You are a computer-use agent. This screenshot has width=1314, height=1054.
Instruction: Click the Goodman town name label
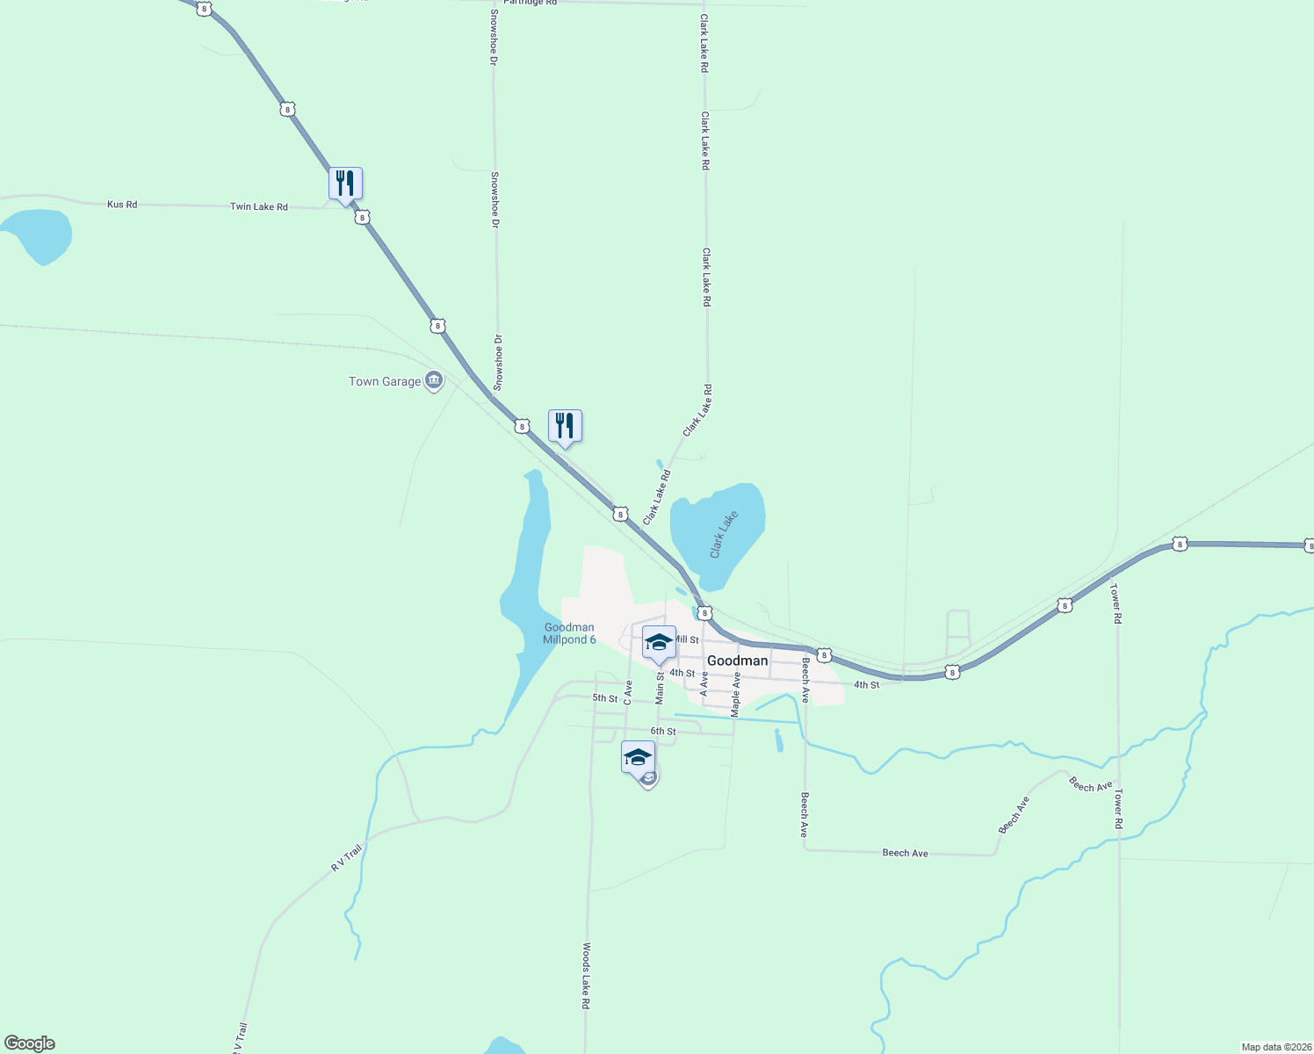click(x=737, y=661)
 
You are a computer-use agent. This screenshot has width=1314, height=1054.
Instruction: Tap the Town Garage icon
click(x=433, y=380)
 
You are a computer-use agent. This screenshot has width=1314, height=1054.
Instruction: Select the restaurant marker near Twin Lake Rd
click(x=345, y=184)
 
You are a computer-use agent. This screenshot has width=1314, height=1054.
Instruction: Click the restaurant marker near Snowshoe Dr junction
click(x=565, y=426)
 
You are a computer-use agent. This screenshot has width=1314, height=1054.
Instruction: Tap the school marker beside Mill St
click(x=659, y=642)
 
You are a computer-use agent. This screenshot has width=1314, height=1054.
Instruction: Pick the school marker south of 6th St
click(x=638, y=757)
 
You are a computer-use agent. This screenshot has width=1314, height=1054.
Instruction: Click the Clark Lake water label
click(x=724, y=534)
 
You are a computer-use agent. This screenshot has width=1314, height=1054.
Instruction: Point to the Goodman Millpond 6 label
click(x=569, y=633)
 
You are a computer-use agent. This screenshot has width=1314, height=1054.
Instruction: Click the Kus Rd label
click(x=122, y=205)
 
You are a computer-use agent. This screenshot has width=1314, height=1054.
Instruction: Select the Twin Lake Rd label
click(x=258, y=206)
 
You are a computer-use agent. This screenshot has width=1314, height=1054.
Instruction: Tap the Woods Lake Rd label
click(x=586, y=975)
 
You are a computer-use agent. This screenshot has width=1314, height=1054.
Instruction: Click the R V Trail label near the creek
click(x=346, y=857)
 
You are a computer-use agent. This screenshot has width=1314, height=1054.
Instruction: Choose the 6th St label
click(x=663, y=731)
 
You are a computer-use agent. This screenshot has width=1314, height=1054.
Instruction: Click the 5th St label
click(x=604, y=698)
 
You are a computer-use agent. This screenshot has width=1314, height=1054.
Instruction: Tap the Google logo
click(x=30, y=1043)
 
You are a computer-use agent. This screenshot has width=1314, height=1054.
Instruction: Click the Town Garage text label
click(x=385, y=381)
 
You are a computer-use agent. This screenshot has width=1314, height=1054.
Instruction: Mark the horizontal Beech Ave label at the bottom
click(x=905, y=853)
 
